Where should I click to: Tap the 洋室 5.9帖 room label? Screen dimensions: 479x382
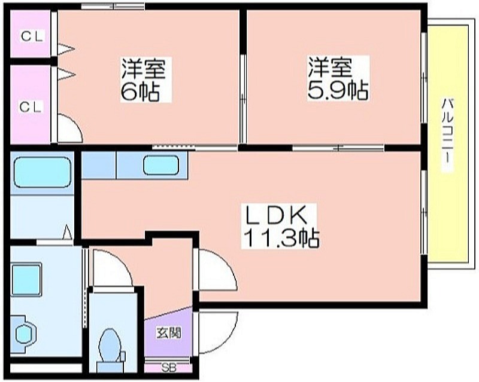point(338,78)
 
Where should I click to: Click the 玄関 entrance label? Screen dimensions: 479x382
point(169,332)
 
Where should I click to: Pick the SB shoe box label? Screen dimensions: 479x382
point(169,368)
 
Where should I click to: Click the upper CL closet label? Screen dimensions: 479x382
point(32,36)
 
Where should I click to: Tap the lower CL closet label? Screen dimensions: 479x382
point(31,107)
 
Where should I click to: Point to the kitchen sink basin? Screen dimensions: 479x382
point(161,165)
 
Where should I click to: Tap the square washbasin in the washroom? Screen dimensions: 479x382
point(26,280)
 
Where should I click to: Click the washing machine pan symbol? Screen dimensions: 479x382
point(23,335)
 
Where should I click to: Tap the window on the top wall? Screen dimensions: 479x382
point(113,6)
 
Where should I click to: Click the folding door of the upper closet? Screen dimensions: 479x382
point(66,49)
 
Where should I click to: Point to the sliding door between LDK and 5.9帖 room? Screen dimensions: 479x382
point(338,148)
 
